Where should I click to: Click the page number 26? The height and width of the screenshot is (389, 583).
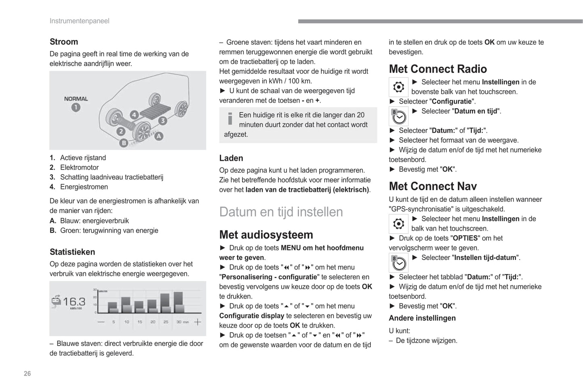(x=27, y=374)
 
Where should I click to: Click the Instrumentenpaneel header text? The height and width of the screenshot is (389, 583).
(x=79, y=21)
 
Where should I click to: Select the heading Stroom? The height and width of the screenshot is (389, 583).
(x=64, y=42)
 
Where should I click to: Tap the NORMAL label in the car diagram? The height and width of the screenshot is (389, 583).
(x=76, y=99)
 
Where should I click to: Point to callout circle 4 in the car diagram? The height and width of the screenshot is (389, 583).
(x=134, y=115)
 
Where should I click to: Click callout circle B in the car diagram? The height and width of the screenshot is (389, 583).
(x=124, y=142)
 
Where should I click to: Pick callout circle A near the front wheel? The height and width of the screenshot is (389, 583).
(x=159, y=136)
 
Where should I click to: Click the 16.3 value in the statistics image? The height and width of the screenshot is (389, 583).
(x=74, y=301)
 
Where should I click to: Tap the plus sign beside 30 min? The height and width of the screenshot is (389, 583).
(x=197, y=322)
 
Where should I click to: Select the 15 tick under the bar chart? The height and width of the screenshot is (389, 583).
(x=140, y=322)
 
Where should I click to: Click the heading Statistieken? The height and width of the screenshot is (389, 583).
(x=72, y=252)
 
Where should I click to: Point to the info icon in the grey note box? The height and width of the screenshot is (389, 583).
(x=230, y=118)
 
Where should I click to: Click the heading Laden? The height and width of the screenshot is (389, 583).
(x=231, y=158)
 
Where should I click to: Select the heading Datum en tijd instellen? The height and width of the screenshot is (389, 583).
(x=281, y=212)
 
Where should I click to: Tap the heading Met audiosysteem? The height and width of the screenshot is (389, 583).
(x=266, y=235)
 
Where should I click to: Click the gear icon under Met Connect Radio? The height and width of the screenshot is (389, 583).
(x=399, y=87)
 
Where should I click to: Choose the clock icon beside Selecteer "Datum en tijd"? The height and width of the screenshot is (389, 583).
(x=399, y=116)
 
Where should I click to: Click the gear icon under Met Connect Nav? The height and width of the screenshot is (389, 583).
(x=399, y=224)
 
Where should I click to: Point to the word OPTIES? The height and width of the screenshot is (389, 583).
(x=465, y=238)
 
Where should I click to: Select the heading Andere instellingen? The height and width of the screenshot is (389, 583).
(x=422, y=318)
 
